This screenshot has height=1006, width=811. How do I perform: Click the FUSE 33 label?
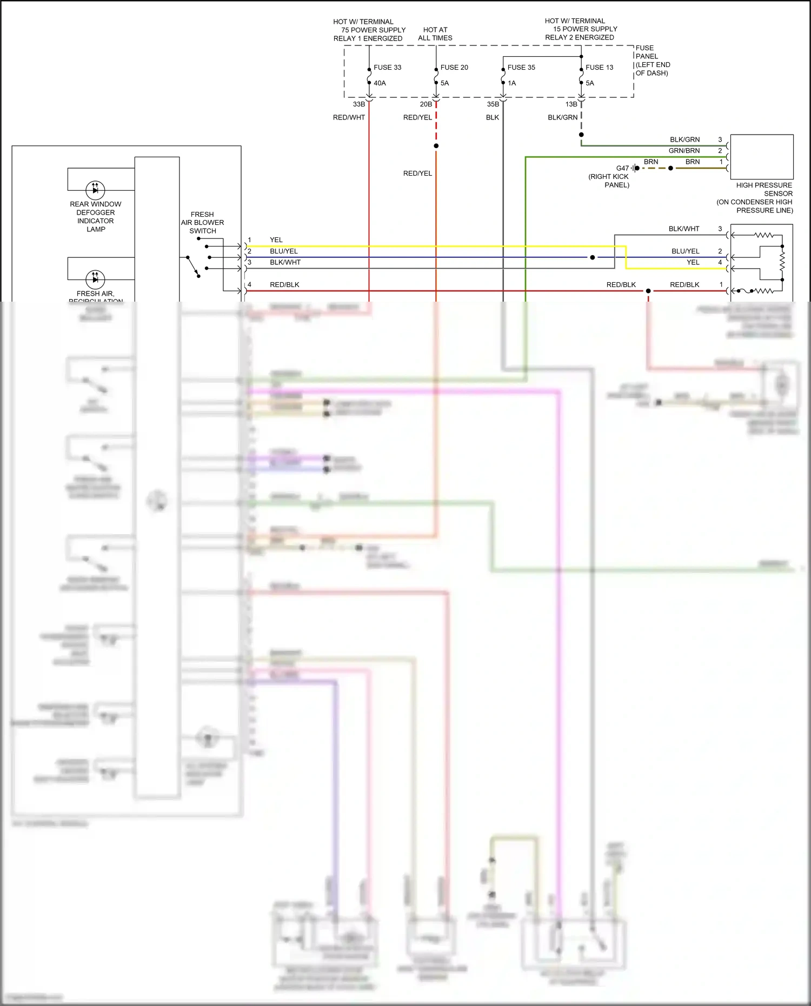coord(387,68)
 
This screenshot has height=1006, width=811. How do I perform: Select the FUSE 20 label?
coord(454,68)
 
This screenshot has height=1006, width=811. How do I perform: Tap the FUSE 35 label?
coord(521,68)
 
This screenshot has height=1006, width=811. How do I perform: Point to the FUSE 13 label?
coord(599,68)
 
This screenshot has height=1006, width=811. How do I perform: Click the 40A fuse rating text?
coord(380,83)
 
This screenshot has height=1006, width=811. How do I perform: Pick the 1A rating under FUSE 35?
coord(511,83)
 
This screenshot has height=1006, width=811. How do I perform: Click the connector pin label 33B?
coord(359,104)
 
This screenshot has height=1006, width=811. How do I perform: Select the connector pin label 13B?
coord(571,104)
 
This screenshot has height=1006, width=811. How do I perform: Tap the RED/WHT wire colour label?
coord(349,117)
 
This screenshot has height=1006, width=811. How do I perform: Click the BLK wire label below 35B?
coord(492,117)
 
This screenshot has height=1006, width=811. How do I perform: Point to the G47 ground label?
coord(622,168)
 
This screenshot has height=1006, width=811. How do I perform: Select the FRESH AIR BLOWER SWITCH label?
coord(202,223)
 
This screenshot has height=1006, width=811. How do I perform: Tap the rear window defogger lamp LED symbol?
coord(95,190)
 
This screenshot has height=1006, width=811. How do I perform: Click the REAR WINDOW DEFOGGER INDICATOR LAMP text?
coord(96,217)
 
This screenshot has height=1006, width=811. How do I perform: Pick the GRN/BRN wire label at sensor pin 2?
coord(684,151)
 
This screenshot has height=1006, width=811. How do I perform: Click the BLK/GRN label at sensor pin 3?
coord(684,139)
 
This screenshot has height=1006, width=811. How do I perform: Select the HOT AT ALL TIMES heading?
coord(435,34)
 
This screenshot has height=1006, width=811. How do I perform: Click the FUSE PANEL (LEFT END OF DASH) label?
coord(653,61)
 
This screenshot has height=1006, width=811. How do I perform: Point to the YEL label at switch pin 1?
coord(276,240)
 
